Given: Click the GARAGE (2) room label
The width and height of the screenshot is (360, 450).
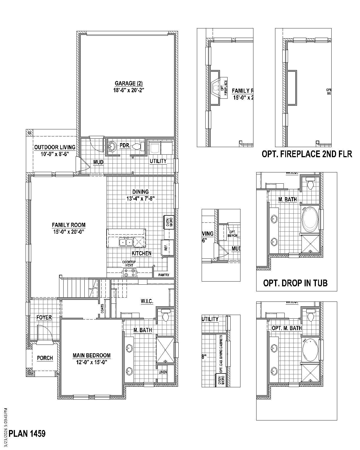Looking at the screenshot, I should (129, 84).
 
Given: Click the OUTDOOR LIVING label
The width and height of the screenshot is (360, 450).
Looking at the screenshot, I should (55, 147).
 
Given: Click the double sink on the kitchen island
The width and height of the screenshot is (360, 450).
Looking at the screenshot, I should (126, 242).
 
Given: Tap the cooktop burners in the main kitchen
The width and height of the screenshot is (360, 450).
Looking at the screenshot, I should (130, 273).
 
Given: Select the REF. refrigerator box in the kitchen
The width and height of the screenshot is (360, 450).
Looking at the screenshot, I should (166, 247).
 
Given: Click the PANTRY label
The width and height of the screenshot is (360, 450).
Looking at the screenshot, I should (164, 275).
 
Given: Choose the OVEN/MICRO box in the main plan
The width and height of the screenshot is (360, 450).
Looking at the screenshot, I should (168, 222).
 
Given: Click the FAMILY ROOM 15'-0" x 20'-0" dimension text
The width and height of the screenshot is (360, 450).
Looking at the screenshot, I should (68, 232).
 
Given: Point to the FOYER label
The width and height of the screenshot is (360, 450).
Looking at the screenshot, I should (44, 318).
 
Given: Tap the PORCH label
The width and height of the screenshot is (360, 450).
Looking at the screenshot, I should (45, 358).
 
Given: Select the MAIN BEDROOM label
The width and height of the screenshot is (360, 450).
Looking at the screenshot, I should (91, 355).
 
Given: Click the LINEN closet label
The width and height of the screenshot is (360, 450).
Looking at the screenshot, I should (163, 372).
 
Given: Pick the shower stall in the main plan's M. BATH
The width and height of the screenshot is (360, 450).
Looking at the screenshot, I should (165, 350).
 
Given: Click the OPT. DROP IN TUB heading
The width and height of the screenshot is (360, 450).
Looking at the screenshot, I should (295, 283).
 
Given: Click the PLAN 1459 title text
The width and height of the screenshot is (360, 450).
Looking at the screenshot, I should (27, 434).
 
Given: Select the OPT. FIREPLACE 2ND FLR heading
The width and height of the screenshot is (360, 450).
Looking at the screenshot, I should (307, 154).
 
